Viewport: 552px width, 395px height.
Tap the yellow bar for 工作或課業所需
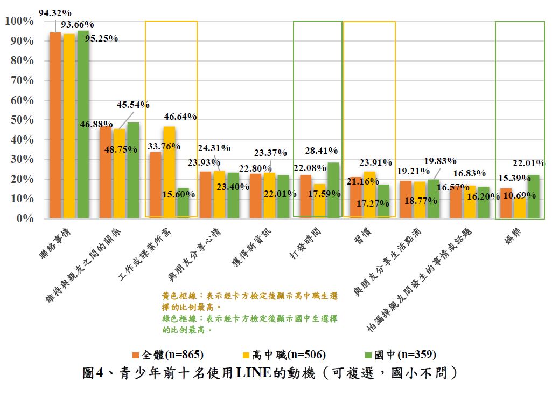(169, 172)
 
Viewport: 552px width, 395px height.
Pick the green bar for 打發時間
(333, 190)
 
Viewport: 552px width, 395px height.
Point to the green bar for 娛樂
(533, 196)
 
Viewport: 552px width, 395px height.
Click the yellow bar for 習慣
(369, 195)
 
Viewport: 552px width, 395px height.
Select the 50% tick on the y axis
(22, 120)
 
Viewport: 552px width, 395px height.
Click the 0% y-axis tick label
(25, 219)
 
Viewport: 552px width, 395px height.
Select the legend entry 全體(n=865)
(167, 355)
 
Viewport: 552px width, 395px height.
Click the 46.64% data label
(180, 117)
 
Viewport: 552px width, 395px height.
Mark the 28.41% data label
(322, 151)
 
